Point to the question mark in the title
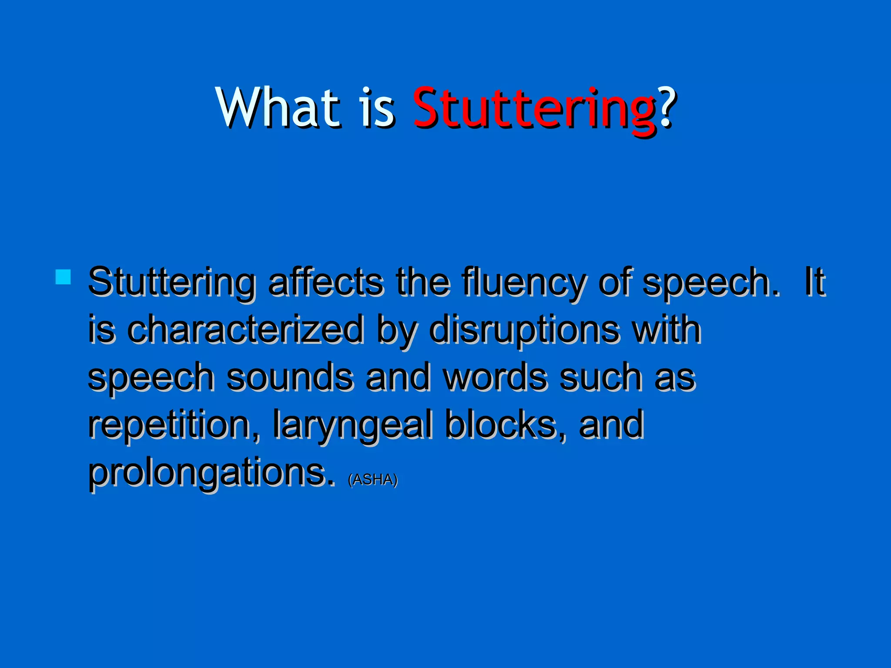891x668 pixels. click(x=667, y=107)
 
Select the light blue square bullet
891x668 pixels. click(x=64, y=277)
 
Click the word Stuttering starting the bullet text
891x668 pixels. click(x=171, y=283)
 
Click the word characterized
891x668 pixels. click(x=245, y=329)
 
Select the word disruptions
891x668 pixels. click(x=523, y=329)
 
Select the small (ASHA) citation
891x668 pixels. click(x=373, y=479)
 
